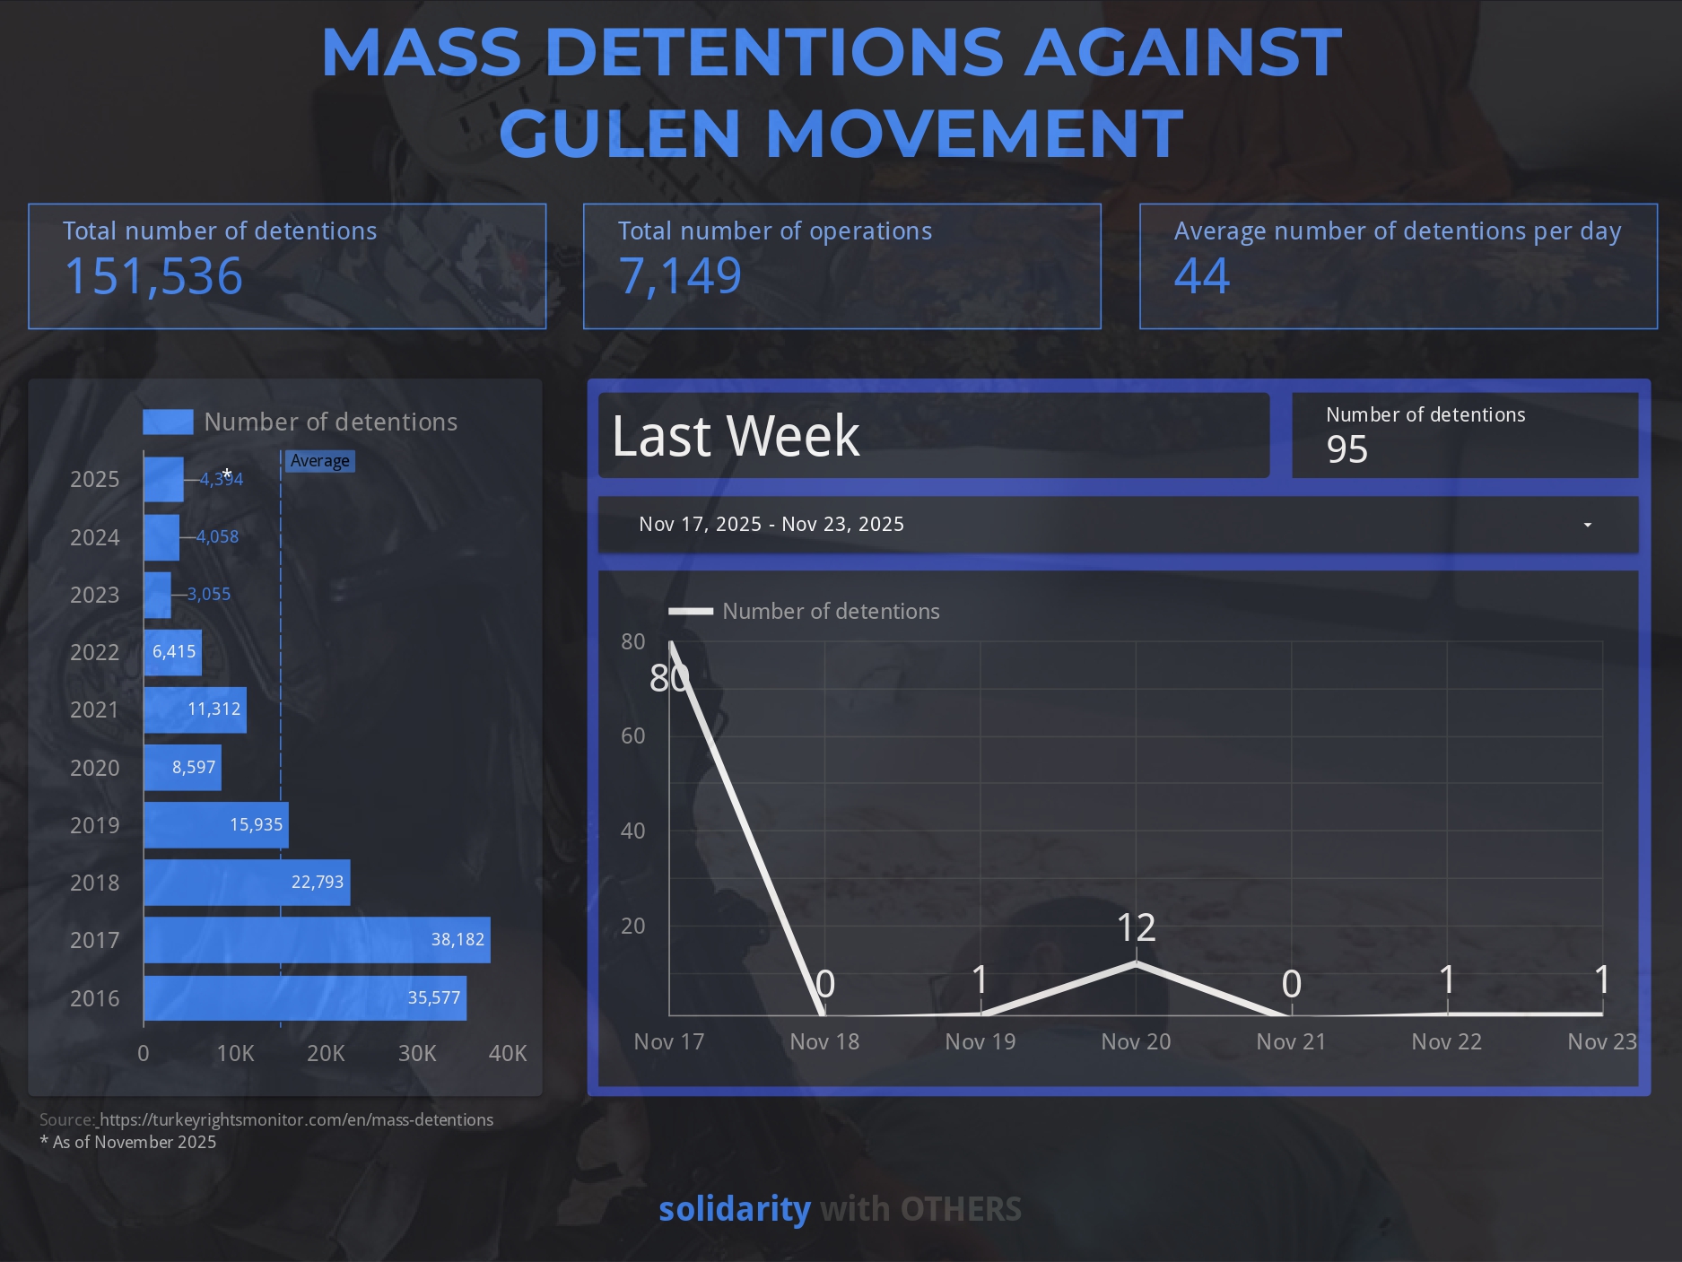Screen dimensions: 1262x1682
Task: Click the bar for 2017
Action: (317, 940)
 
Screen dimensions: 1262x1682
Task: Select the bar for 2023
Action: (157, 595)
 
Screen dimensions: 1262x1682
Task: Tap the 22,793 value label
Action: (317, 883)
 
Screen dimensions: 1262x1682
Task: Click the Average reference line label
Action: (319, 461)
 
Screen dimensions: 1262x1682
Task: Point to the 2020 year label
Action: (94, 768)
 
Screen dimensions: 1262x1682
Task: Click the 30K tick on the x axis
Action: (417, 1053)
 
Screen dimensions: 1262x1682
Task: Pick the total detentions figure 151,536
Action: (153, 276)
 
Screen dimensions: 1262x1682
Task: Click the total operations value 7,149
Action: (680, 276)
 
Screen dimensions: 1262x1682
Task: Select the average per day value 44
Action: (1201, 276)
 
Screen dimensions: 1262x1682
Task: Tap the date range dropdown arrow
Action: (1587, 525)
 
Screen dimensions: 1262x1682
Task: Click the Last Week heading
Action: (736, 436)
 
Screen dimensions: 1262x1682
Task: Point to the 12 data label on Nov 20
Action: (1136, 927)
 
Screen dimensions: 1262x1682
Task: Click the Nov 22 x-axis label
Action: (1446, 1041)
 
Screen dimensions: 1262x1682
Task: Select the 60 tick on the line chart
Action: (633, 736)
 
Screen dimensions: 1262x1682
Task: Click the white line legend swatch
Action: (691, 612)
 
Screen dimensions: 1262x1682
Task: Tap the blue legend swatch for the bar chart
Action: (168, 422)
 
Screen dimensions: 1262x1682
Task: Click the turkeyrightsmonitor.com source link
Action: (296, 1119)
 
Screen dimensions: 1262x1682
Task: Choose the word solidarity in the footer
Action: (734, 1209)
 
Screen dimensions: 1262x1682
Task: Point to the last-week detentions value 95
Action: (1346, 449)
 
